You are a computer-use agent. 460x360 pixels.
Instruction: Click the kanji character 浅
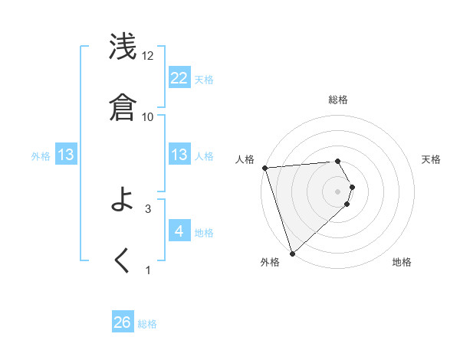[x=123, y=47]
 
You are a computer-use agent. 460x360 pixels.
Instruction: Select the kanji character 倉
[x=123, y=107]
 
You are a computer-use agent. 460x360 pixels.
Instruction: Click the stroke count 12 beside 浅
[x=148, y=56]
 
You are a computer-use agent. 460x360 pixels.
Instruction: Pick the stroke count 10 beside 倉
[x=148, y=116]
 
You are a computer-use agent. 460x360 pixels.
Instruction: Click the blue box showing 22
[x=179, y=77]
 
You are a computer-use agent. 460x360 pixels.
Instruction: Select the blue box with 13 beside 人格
[x=179, y=155]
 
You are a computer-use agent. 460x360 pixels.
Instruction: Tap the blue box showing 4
[x=179, y=231]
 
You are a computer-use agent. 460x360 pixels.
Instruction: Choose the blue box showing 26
[x=123, y=322]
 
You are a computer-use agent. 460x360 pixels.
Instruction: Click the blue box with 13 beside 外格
[x=66, y=155]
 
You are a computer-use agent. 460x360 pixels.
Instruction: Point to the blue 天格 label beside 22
[x=204, y=79]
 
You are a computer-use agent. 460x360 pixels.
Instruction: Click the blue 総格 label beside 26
[x=147, y=324]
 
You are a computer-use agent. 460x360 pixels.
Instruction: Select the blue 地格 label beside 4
[x=204, y=233]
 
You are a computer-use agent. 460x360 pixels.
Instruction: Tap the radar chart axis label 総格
[x=338, y=100]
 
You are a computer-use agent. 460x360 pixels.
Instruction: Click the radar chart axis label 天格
[x=432, y=159]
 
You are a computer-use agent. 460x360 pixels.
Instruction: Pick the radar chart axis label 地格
[x=402, y=262]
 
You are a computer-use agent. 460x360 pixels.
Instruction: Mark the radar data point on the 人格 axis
[x=264, y=168]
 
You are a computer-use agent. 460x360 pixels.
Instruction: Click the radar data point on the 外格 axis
[x=292, y=253]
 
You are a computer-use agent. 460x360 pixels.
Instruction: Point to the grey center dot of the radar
[x=338, y=191]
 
